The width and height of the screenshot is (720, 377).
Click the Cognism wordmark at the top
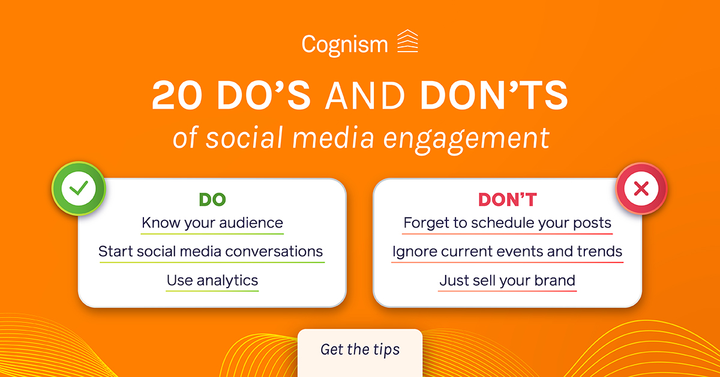[345, 45]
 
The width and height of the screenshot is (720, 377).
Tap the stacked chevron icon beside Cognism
[407, 41]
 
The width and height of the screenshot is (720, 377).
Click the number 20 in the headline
[177, 95]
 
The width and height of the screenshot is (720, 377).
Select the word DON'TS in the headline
[494, 95]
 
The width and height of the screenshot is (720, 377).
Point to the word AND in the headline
[365, 95]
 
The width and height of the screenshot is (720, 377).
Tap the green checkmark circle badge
[79, 188]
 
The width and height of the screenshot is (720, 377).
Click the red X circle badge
[641, 188]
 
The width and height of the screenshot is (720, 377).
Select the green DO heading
[212, 199]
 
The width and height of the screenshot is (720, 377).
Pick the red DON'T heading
[507, 199]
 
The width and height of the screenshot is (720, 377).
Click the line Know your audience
[212, 223]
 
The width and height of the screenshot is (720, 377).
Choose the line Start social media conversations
[211, 252]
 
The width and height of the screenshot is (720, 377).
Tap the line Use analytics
[212, 280]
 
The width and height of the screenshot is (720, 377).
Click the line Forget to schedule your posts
[507, 223]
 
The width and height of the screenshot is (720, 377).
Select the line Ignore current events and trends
[507, 252]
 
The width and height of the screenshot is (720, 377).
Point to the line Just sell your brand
[507, 280]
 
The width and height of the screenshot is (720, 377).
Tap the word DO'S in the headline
[264, 95]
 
